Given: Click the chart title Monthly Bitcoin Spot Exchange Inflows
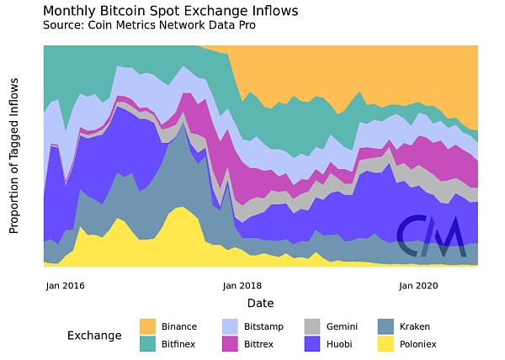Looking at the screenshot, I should click(x=170, y=11).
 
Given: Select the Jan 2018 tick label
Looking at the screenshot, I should click(x=242, y=285).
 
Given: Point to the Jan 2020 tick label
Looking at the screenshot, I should click(x=417, y=285).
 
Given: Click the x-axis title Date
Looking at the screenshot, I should click(x=260, y=303).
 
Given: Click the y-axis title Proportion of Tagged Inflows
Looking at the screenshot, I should click(x=14, y=156).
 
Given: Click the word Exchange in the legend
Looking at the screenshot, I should click(x=94, y=336).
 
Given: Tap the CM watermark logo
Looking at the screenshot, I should click(x=430, y=237).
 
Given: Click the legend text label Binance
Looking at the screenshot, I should click(x=179, y=326).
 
